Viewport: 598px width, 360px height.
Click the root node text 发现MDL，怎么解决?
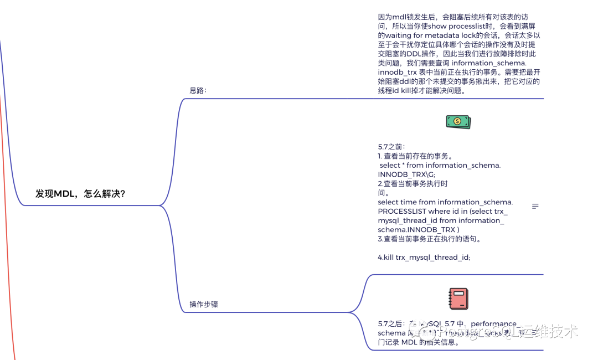tap(80, 193)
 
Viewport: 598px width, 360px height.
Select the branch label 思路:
tap(198, 90)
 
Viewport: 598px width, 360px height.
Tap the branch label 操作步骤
tap(204, 304)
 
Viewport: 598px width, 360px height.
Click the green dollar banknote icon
tap(458, 122)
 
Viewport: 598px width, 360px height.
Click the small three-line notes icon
tap(535, 206)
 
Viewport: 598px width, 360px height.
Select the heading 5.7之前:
tap(391, 147)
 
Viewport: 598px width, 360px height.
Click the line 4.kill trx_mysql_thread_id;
tap(424, 257)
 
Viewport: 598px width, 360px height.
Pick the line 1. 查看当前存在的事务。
tap(415, 156)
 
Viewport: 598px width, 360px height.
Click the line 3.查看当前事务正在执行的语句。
tap(430, 239)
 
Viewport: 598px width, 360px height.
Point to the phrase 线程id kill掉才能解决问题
tap(426, 90)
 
